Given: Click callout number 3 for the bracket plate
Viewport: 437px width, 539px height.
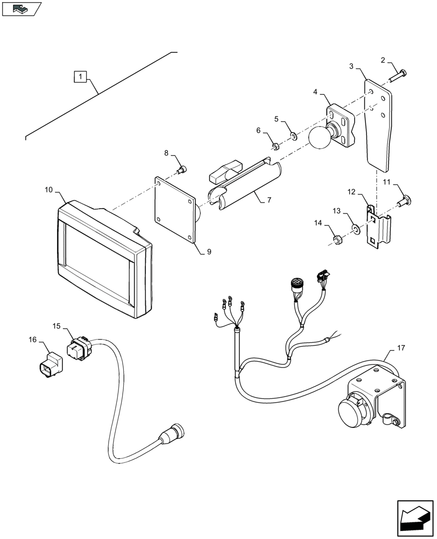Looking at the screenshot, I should tap(351, 67).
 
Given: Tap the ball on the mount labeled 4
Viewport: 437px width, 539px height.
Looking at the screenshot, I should tap(321, 138).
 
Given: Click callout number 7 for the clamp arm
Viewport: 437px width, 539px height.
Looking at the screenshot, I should tap(269, 200).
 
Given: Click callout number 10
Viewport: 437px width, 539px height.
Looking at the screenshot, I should tap(48, 190).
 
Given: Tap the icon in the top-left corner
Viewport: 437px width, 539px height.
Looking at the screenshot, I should tap(21, 9).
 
